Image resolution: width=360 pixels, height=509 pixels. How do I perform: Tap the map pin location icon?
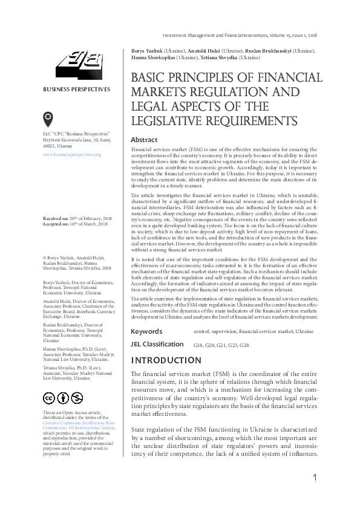48,118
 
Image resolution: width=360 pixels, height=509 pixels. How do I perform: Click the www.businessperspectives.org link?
71,155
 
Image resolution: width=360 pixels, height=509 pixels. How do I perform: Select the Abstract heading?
144,140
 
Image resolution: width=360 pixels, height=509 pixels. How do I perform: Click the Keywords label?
146,331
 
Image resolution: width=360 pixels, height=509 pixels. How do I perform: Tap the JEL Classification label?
157,344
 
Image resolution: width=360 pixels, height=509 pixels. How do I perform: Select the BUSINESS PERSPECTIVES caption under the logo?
76,89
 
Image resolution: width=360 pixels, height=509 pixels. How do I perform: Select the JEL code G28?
243,345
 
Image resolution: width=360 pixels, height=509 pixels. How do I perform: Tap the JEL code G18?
198,345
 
